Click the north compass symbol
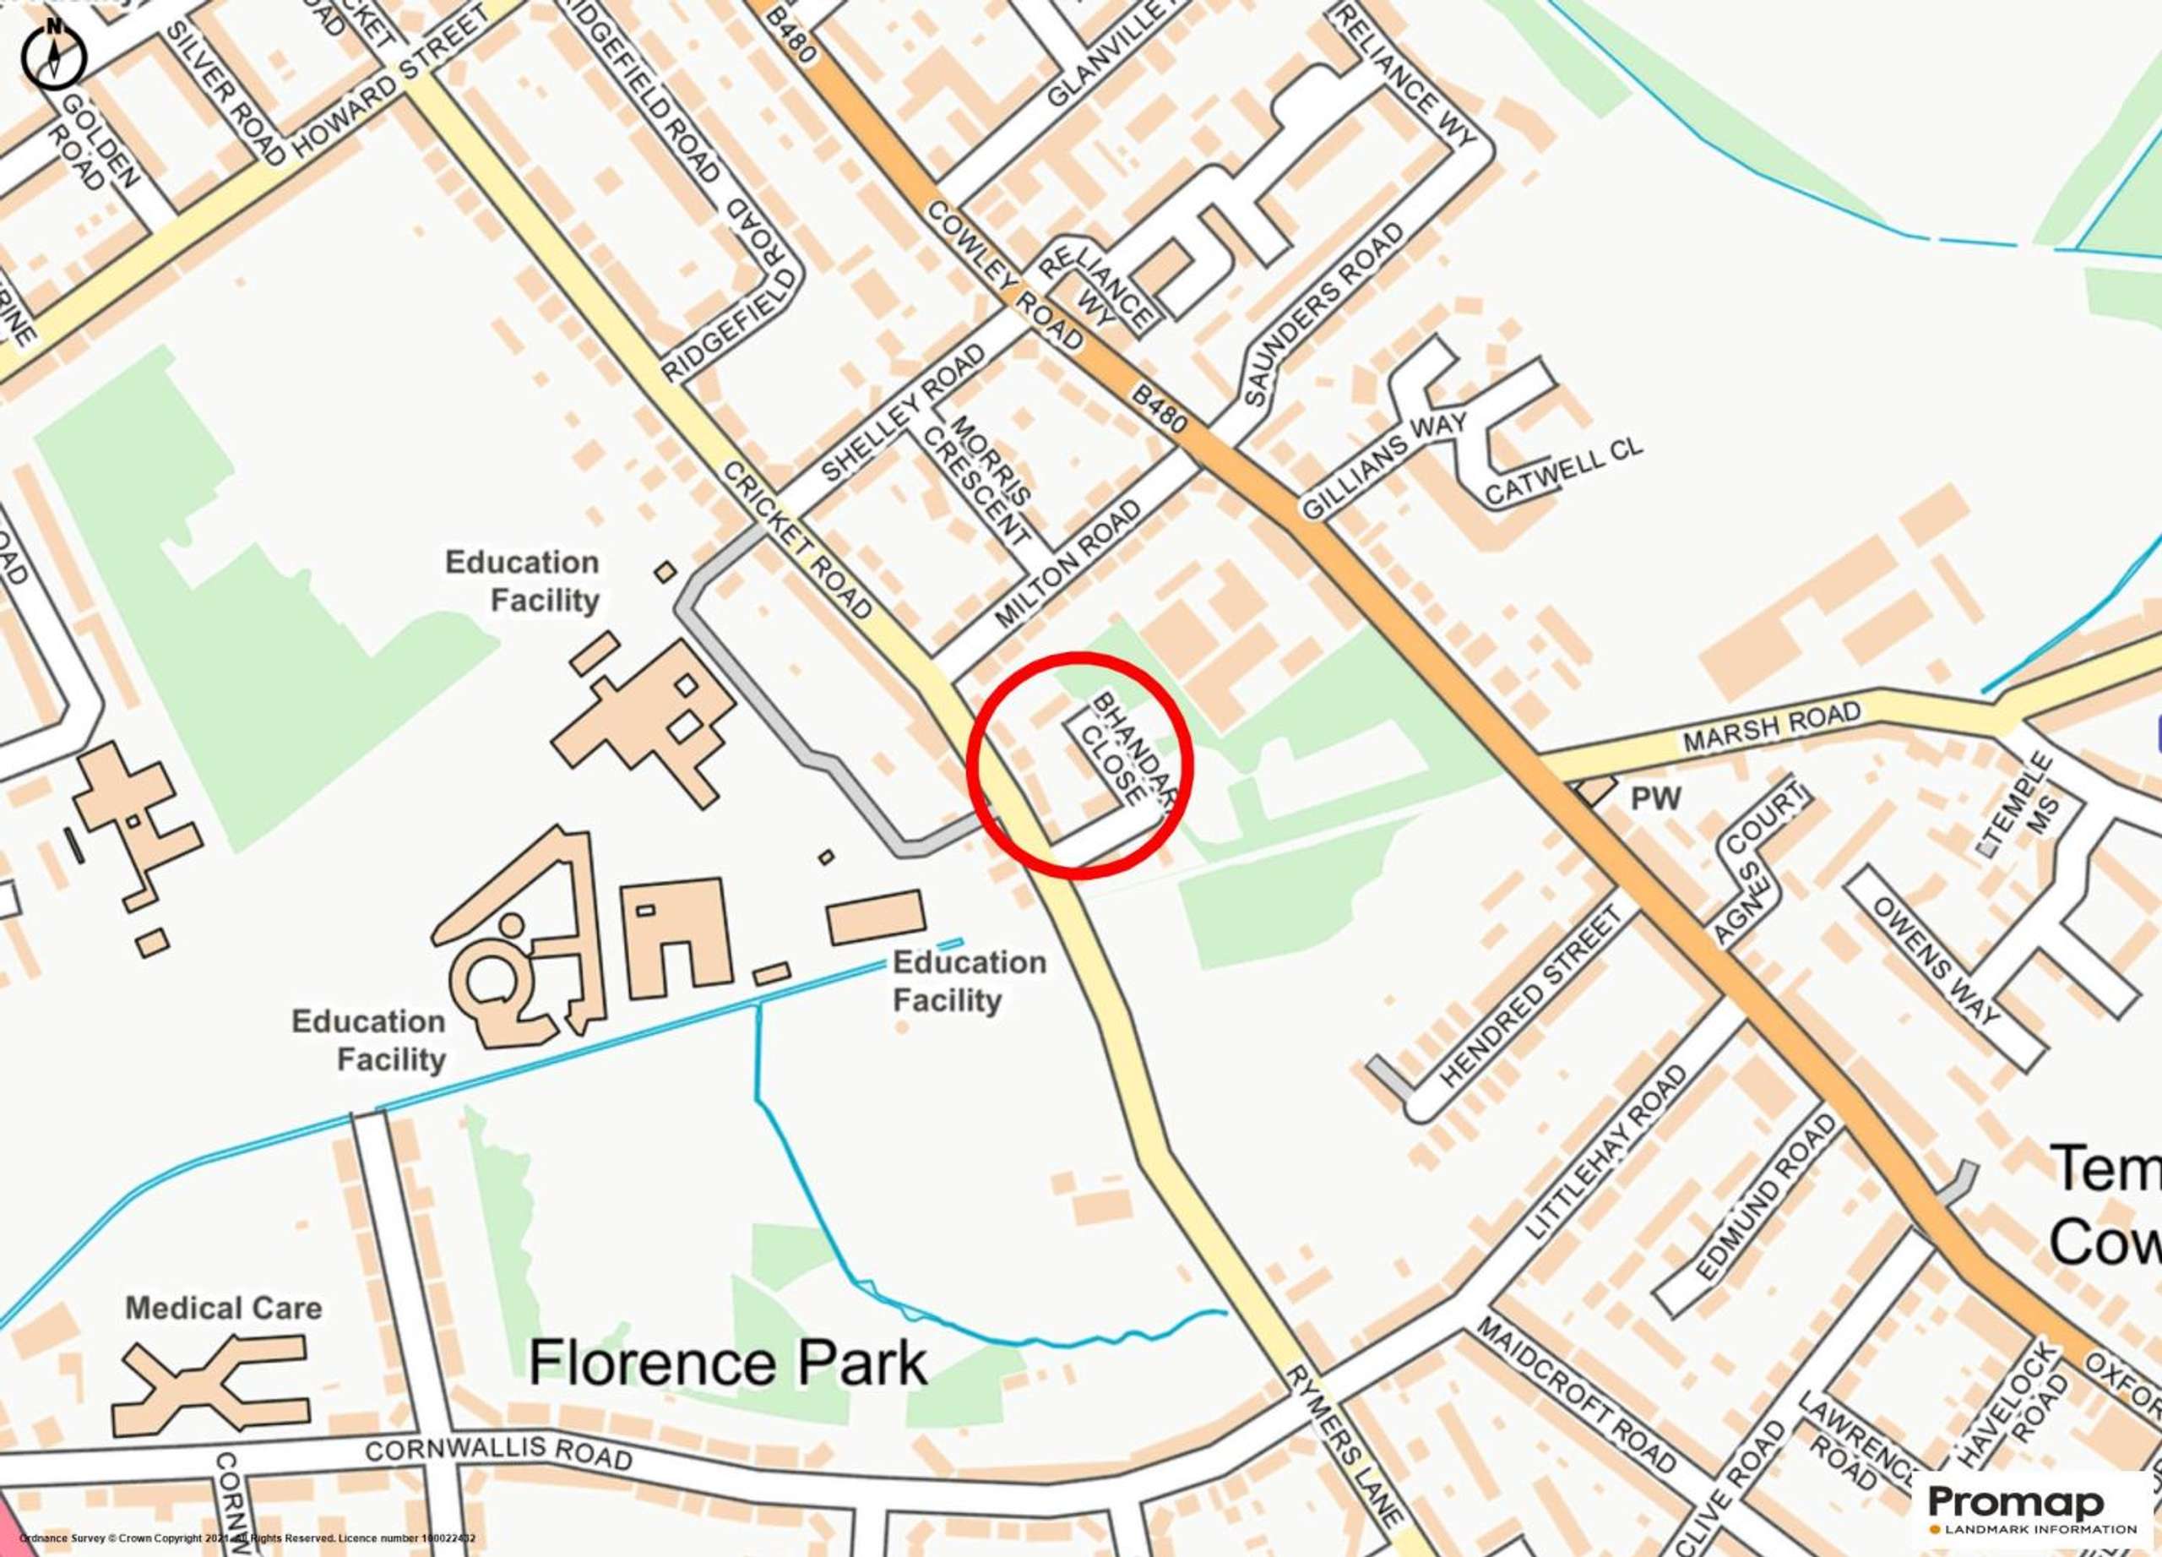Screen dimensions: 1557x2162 [53, 54]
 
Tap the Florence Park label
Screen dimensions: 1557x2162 [727, 1363]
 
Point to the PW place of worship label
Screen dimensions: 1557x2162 [1656, 798]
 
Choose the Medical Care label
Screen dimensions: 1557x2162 [224, 1307]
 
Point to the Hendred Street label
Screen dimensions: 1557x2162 [1531, 999]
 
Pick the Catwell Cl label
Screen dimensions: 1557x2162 [1564, 473]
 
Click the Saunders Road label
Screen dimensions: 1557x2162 [1324, 316]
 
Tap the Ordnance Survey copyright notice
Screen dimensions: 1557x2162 [247, 1538]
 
